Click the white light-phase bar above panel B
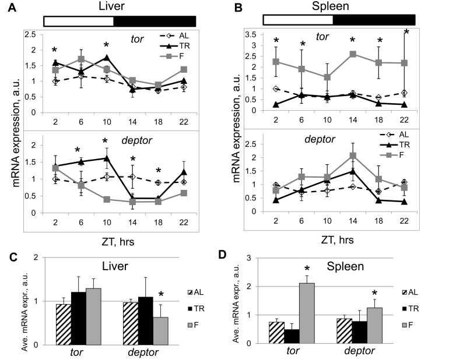[297, 20]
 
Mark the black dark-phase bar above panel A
[155, 20]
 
